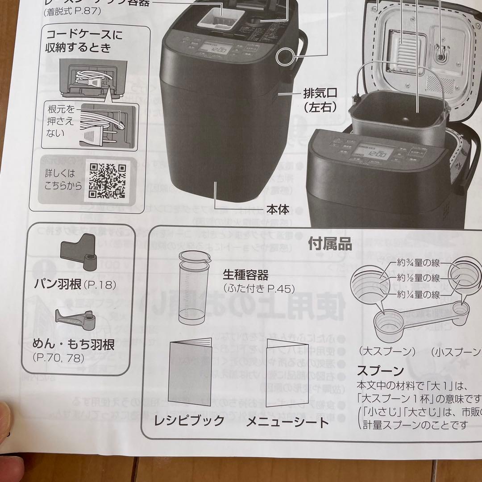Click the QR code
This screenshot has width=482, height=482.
point(108,180)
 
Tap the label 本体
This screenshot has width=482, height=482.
point(278,208)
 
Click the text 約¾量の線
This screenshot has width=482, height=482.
point(418,263)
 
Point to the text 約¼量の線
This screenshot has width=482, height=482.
point(418,294)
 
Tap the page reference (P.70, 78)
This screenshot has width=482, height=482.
point(58,357)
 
